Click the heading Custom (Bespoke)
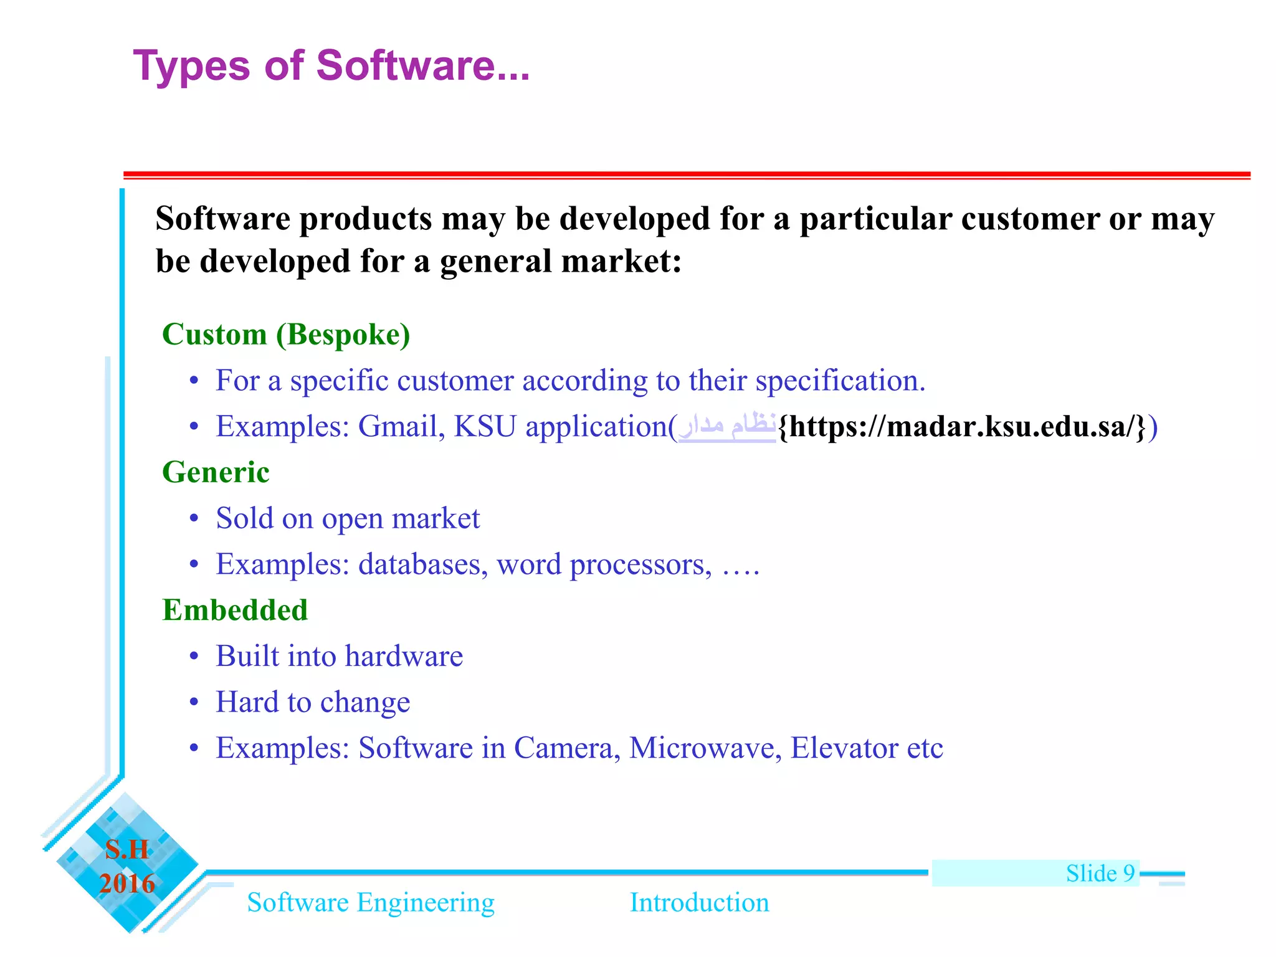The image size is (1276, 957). click(286, 335)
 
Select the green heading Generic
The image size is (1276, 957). click(216, 472)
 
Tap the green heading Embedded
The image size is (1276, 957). click(235, 610)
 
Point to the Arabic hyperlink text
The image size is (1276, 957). click(726, 427)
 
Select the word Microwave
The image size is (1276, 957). click(705, 748)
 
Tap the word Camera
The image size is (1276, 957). click(567, 748)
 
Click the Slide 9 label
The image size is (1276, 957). click(1100, 874)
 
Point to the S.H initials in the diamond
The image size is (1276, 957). click(127, 850)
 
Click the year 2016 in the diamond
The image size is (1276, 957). click(127, 883)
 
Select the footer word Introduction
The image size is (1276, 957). click(699, 903)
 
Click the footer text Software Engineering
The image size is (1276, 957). click(371, 903)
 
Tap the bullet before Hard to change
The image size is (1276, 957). click(194, 703)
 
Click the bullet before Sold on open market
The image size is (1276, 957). click(194, 519)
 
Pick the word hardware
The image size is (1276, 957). click(404, 656)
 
